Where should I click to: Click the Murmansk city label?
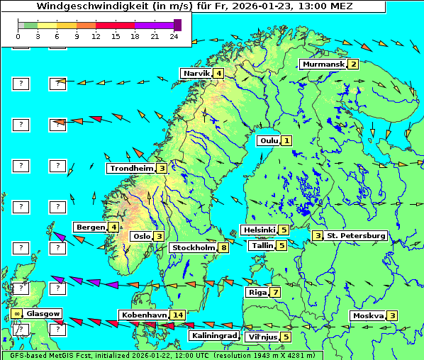(323, 64)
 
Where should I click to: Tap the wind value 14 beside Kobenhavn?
(178, 315)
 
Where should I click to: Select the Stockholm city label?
(193, 247)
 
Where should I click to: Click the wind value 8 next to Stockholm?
(224, 247)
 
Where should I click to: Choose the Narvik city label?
(196, 73)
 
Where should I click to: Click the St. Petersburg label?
(356, 235)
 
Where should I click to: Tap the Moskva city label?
(368, 315)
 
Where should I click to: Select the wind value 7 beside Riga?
(275, 292)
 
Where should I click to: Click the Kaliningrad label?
(213, 335)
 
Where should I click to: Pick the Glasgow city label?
(43, 313)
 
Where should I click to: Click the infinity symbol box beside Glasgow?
(16, 313)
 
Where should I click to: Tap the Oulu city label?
(269, 140)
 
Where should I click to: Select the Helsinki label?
(259, 230)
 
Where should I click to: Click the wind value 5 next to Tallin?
(281, 245)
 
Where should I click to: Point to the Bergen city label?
(90, 227)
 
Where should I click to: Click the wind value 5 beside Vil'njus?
(286, 337)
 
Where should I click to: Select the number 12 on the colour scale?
(96, 36)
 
